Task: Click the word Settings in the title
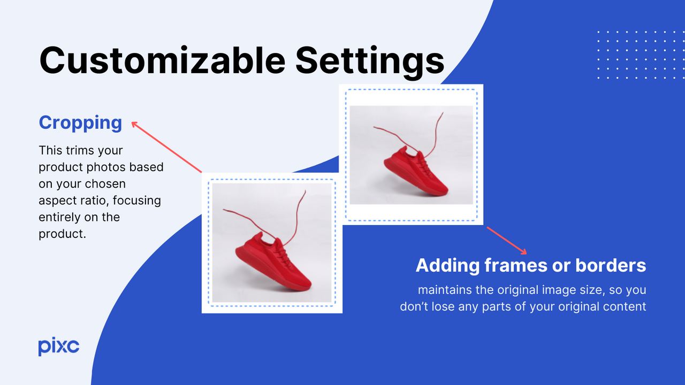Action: tap(370, 60)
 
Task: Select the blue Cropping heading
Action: tap(80, 122)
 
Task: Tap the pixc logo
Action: tap(58, 346)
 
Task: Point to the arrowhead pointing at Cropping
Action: tap(134, 125)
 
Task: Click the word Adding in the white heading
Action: tap(447, 265)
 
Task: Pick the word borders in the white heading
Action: tap(611, 265)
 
